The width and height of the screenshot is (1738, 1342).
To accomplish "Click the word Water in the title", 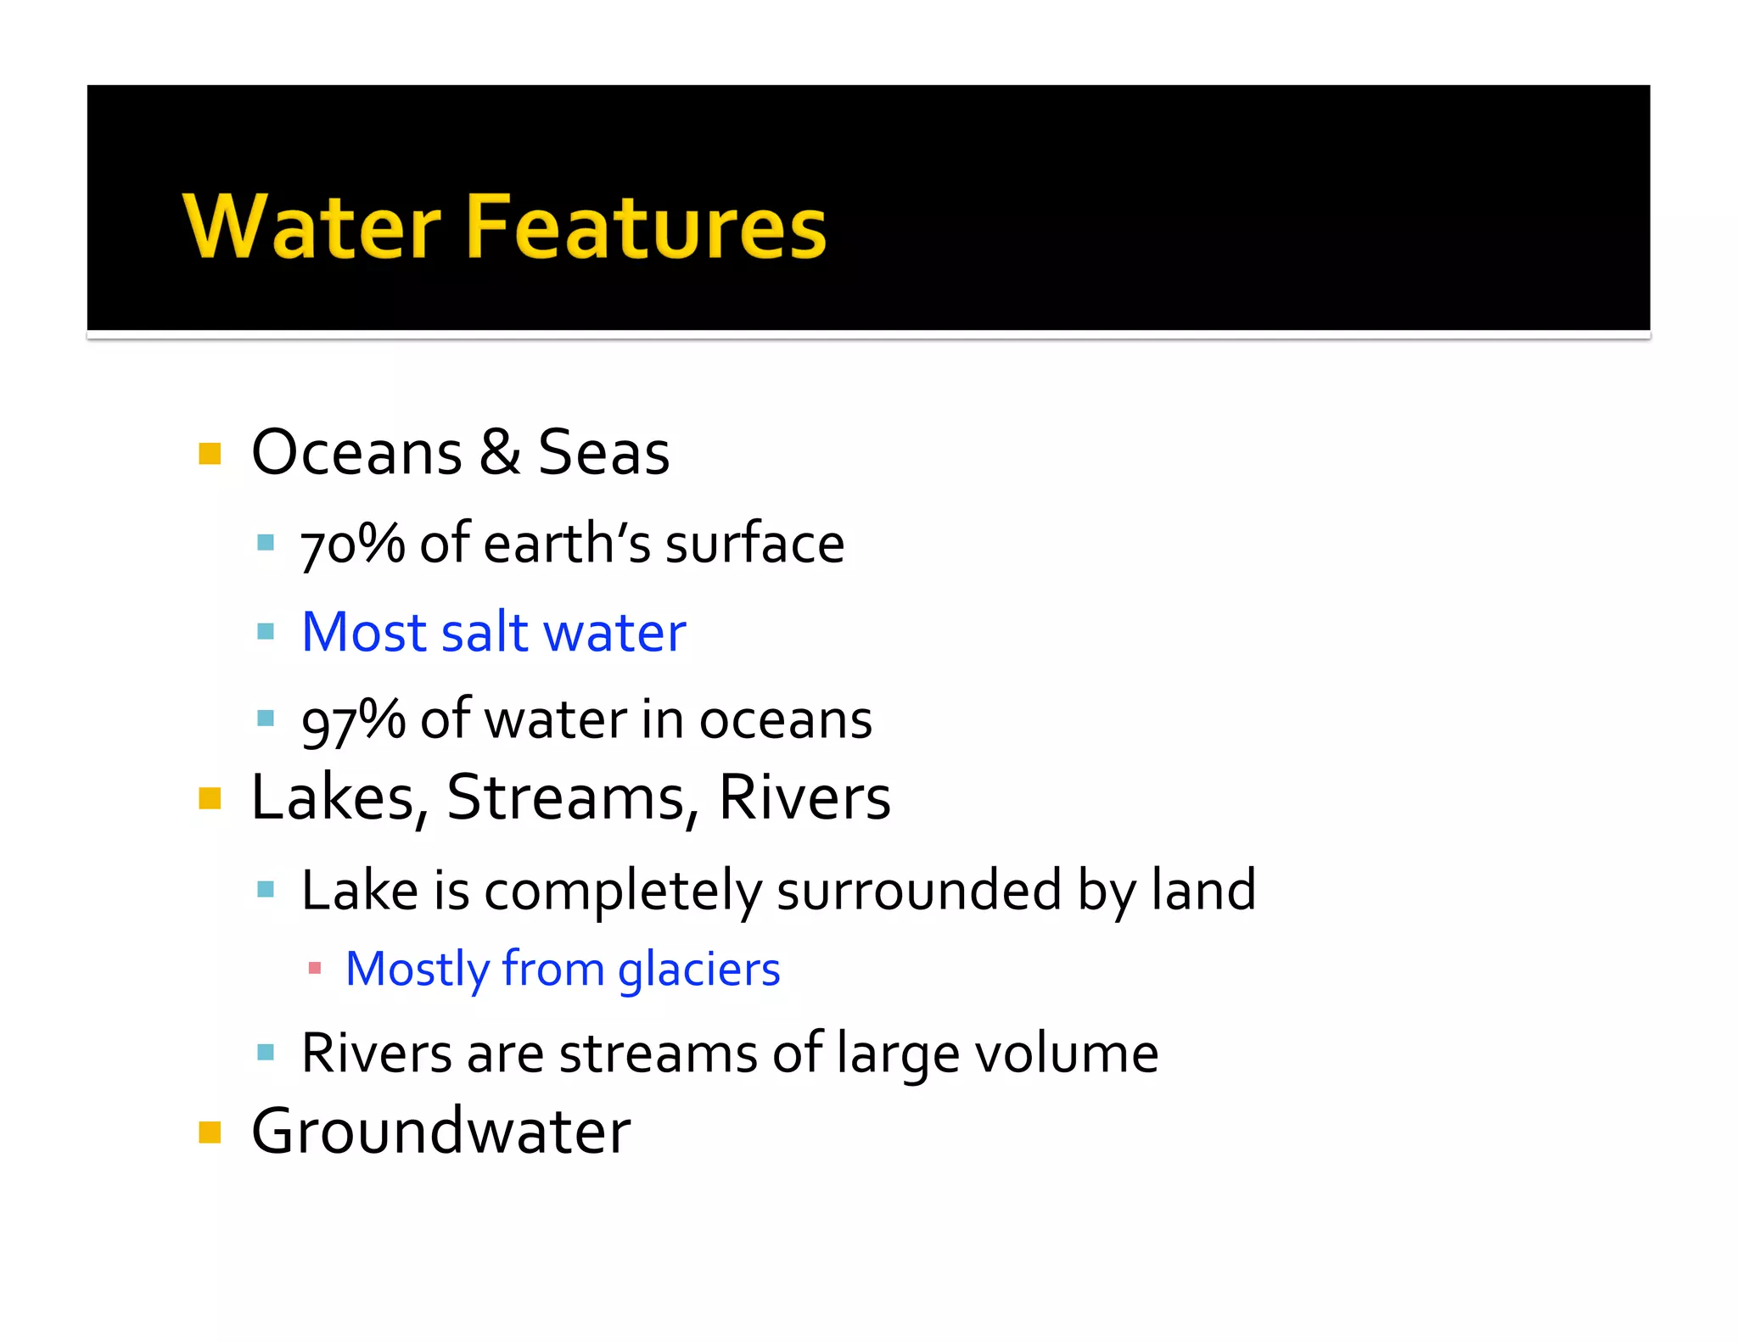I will (311, 226).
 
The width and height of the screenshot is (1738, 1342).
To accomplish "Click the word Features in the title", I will (646, 226).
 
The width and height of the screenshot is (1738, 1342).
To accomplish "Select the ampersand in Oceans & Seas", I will (500, 452).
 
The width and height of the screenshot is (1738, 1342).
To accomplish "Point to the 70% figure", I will (352, 544).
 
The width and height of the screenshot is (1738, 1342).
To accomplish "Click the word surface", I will (754, 544).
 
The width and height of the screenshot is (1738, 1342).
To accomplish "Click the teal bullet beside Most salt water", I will (266, 631).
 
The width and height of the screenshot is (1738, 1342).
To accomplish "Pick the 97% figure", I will (353, 720).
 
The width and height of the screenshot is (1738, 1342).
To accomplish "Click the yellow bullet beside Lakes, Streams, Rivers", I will (210, 798).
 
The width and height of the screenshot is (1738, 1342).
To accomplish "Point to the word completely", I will (623, 891).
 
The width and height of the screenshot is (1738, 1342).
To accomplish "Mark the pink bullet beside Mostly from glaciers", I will (315, 967).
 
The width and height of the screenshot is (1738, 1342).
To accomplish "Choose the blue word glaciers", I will (698, 970).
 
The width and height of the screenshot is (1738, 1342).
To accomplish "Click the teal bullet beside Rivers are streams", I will (266, 1053).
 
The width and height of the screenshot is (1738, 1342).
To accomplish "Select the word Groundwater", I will (441, 1132).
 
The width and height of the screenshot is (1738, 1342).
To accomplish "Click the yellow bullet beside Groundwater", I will (210, 1132).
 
